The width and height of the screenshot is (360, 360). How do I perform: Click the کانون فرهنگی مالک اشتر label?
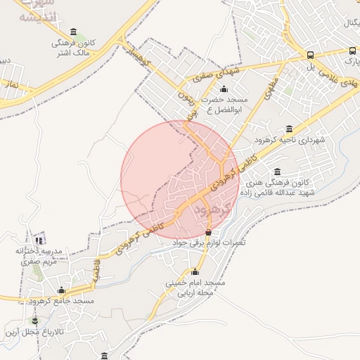click(74, 47)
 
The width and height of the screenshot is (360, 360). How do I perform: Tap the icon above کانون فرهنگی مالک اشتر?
click(74, 32)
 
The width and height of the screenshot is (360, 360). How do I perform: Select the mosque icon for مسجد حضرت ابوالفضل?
click(224, 89)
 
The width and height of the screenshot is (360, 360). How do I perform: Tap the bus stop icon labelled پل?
click(310, 56)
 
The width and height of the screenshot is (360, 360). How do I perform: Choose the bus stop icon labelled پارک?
click(352, 51)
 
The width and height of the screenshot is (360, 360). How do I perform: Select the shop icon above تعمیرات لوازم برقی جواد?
click(208, 232)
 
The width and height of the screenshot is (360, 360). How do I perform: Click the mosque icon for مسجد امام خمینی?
click(195, 271)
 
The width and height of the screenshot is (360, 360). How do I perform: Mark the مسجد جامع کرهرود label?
click(62, 301)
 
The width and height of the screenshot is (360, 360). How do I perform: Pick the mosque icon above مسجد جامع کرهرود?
click(61, 290)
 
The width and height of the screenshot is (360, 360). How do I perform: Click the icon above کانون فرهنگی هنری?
click(277, 172)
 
